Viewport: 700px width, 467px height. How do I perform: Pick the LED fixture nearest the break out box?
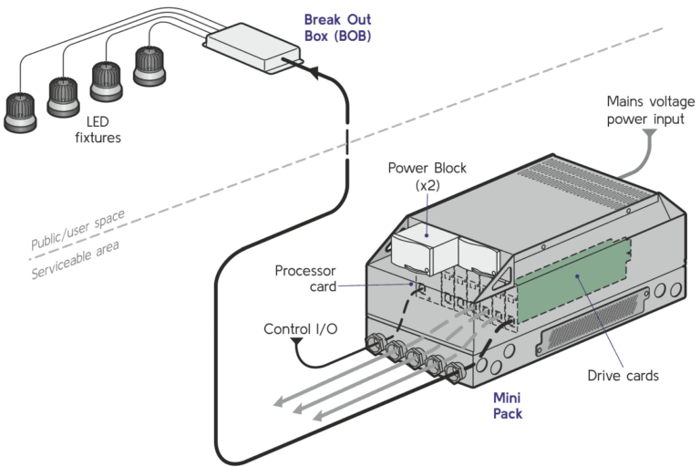point(148,65)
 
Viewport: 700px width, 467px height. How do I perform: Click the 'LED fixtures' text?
point(98,130)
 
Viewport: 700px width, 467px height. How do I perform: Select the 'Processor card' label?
point(307,278)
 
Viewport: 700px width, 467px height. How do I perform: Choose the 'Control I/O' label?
point(300,329)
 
